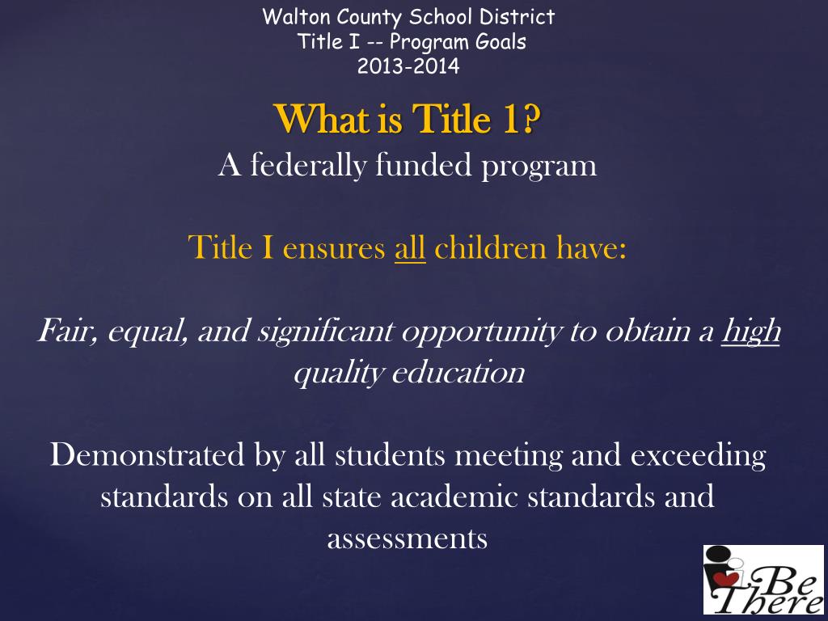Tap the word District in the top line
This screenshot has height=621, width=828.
tap(519, 16)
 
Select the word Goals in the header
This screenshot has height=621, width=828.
tap(501, 42)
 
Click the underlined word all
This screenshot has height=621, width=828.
tap(410, 247)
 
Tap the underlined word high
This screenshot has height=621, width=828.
tap(750, 332)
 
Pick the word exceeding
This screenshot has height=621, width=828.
tap(697, 456)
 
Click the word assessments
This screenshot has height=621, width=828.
tap(407, 539)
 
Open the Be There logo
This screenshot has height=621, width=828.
tap(763, 579)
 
